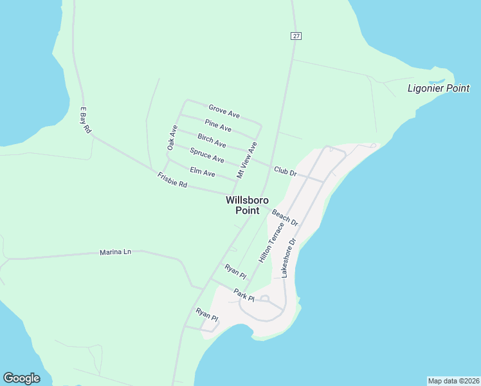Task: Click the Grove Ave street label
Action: [x=224, y=111]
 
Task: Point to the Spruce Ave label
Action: [x=207, y=155]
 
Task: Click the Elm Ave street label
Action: [x=203, y=172]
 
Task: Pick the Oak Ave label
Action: [x=172, y=138]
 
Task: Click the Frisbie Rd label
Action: [x=172, y=180]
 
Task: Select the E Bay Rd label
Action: [x=85, y=120]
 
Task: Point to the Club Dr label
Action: [x=285, y=172]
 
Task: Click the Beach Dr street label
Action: [x=285, y=217]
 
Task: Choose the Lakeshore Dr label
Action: [x=287, y=259]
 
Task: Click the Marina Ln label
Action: [x=115, y=252]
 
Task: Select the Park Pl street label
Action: [x=244, y=295]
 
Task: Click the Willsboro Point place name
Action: [x=247, y=205]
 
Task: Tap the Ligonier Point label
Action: [x=439, y=88]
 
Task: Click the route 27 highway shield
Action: [x=295, y=36]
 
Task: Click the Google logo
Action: [x=21, y=378]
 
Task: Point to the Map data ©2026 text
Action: [x=453, y=380]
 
